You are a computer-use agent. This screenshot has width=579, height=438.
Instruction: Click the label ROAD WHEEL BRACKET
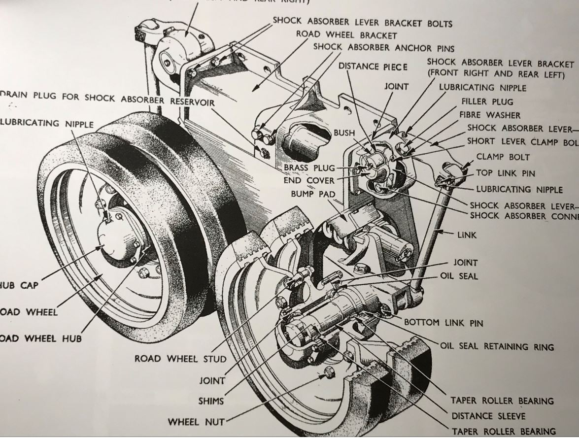pos(346,35)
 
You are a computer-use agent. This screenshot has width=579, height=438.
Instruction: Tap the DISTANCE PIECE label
pos(373,67)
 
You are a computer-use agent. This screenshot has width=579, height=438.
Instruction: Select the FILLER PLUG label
pos(487,101)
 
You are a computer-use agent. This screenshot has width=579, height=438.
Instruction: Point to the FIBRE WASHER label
pos(490,115)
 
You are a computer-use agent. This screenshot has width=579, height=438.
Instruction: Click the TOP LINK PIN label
pos(506,173)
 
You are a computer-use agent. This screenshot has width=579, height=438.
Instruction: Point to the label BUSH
pos(344,133)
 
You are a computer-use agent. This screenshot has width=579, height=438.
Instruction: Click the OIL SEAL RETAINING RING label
pos(497,347)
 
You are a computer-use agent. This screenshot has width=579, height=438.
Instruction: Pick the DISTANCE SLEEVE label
pos(488,416)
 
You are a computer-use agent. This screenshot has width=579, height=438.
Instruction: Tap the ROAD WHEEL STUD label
pos(181,358)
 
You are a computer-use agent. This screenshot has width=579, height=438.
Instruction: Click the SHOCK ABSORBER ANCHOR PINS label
pos(383,48)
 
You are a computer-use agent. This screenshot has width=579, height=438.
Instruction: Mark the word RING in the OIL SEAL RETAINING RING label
pos(543,347)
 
